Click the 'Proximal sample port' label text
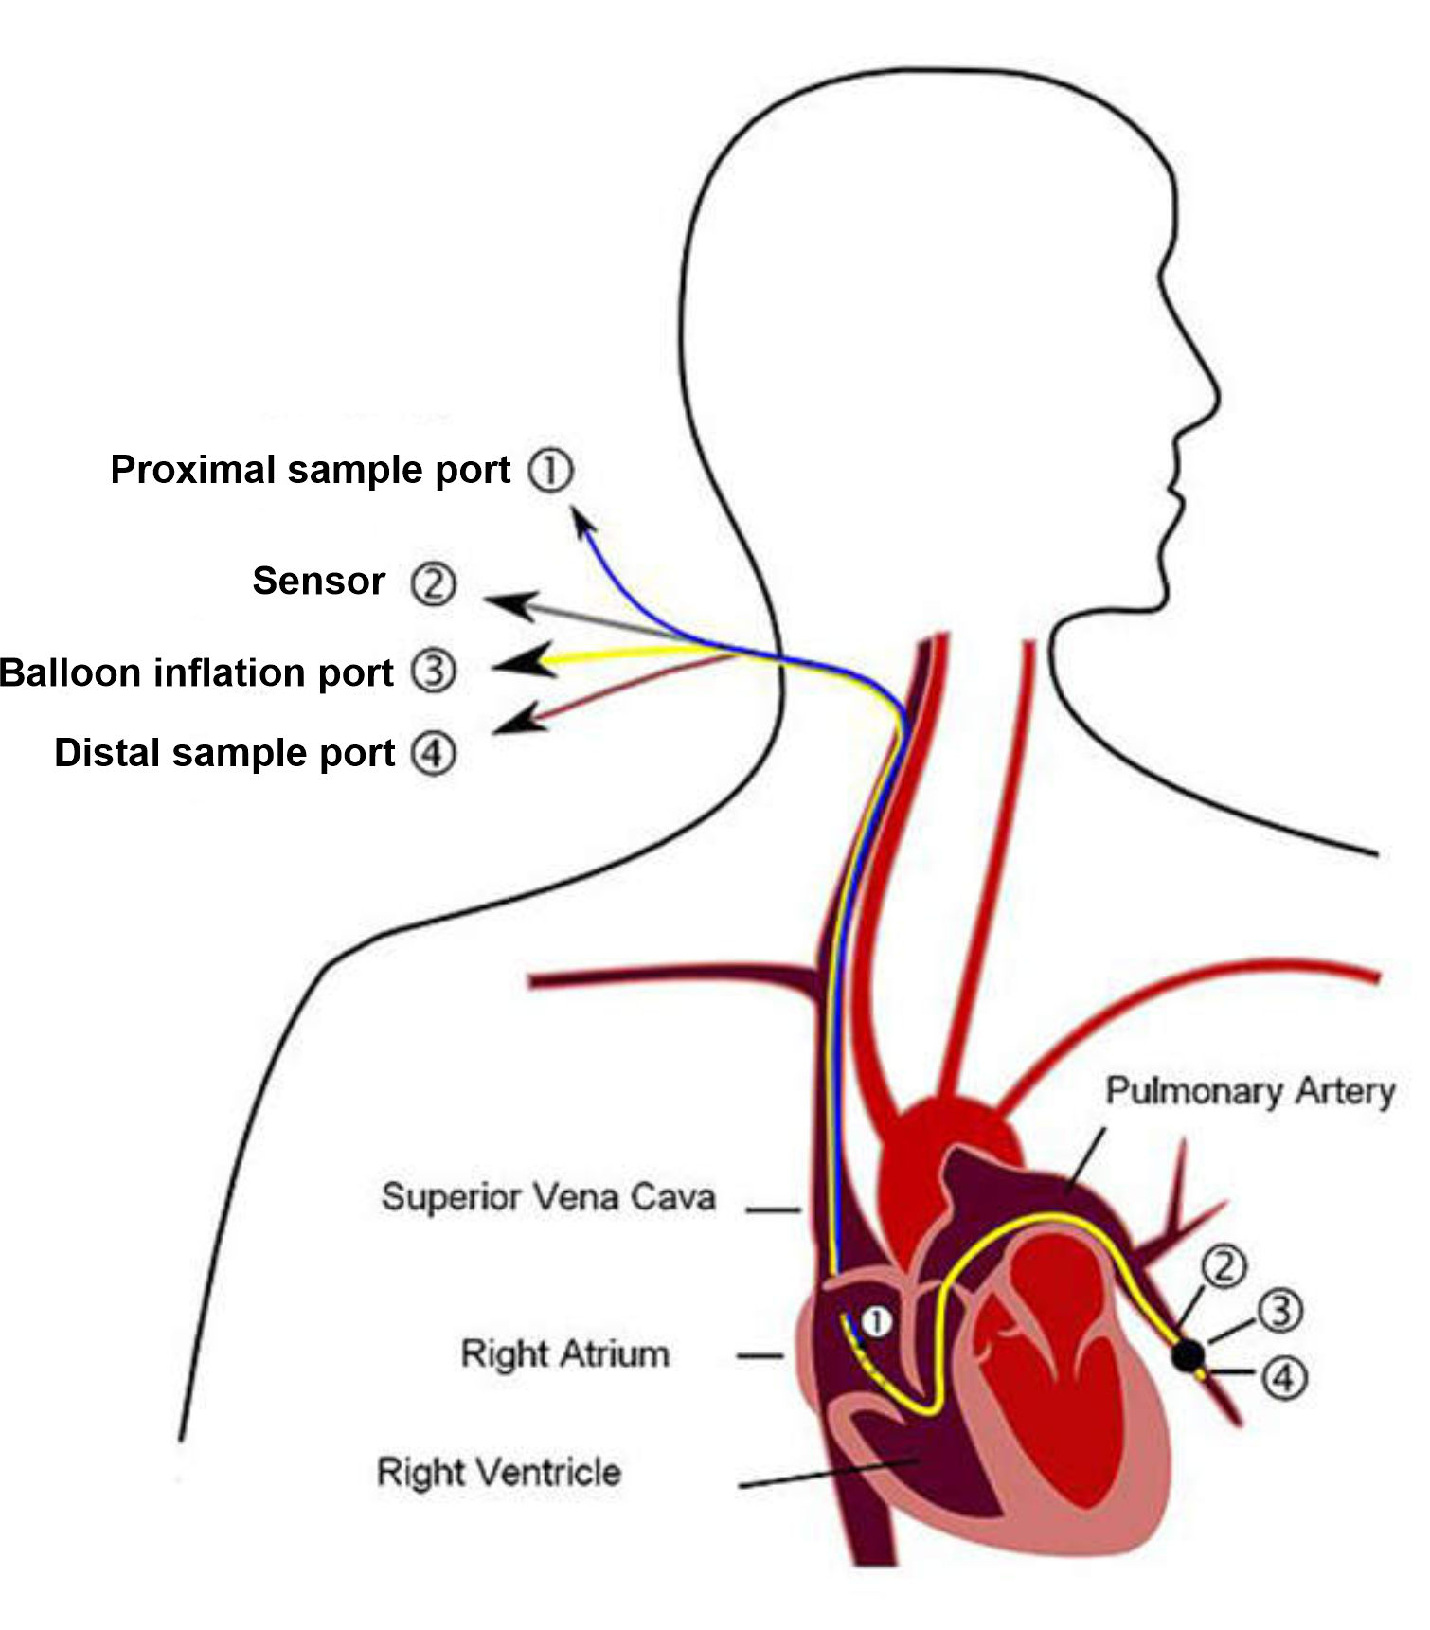310,470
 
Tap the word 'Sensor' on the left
318,581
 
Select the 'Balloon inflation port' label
196,672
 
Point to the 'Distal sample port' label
224,753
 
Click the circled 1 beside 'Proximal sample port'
550,470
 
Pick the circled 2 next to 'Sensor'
433,583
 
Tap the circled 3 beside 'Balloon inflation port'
434,672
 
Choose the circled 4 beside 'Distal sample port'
434,754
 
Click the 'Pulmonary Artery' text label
1250,1091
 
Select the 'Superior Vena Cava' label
548,1197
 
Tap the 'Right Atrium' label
564,1353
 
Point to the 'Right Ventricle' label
499,1472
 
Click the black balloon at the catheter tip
1188,1355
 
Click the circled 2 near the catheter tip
1224,1267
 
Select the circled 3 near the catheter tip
1280,1311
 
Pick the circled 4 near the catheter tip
1283,1377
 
